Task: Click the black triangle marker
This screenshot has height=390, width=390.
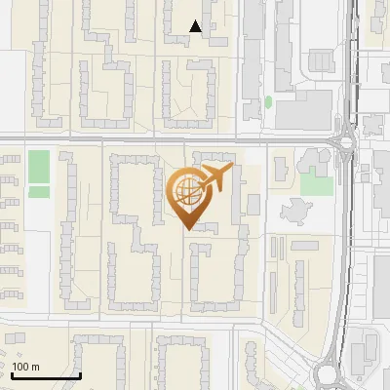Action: click(x=197, y=26)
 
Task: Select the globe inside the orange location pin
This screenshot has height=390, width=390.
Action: click(x=186, y=189)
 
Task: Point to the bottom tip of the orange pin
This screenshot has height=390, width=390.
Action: click(x=188, y=229)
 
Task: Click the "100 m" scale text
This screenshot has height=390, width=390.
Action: click(x=26, y=368)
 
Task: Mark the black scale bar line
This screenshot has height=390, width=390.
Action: click(x=45, y=376)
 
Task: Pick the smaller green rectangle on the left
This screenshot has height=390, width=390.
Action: click(x=38, y=192)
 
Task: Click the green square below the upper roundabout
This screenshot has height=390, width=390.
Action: click(x=316, y=183)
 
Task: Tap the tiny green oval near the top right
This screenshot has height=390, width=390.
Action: click(x=268, y=101)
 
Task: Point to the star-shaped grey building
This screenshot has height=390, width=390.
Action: click(x=295, y=209)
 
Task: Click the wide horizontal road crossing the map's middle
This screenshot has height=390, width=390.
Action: click(x=146, y=139)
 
